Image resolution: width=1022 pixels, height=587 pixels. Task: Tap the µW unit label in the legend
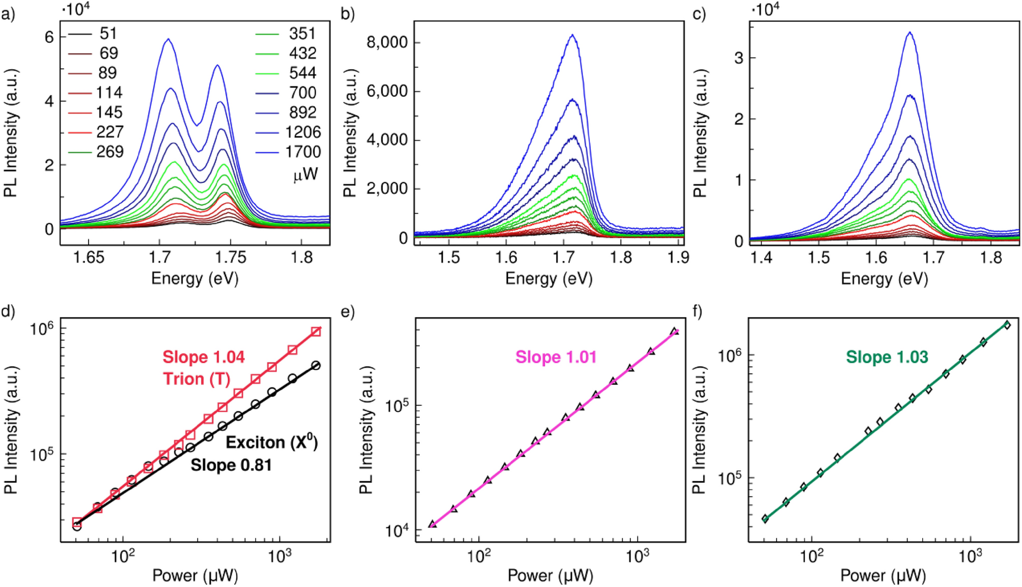click(x=306, y=175)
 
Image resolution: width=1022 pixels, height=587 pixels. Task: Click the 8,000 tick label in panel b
click(x=387, y=42)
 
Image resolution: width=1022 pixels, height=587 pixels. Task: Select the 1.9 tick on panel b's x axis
click(x=678, y=258)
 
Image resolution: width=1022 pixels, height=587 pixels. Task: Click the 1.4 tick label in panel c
click(x=761, y=258)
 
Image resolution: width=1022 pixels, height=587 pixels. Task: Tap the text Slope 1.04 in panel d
click(x=204, y=357)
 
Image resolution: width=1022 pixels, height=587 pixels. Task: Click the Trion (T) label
click(x=197, y=379)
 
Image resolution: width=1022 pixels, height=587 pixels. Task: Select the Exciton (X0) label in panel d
click(x=271, y=442)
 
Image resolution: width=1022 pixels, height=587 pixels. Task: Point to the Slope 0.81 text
click(x=231, y=465)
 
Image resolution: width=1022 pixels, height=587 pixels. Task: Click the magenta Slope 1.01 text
click(x=556, y=357)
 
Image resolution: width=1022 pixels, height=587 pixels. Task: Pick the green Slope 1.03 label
click(x=887, y=357)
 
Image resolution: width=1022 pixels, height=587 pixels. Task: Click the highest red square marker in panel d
click(x=316, y=331)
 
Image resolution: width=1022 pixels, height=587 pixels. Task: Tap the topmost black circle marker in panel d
click(x=316, y=366)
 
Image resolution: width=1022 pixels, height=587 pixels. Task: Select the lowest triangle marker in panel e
click(x=432, y=524)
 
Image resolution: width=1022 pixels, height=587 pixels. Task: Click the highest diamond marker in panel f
click(x=1007, y=325)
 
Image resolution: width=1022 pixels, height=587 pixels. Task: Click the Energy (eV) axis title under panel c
click(x=884, y=279)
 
